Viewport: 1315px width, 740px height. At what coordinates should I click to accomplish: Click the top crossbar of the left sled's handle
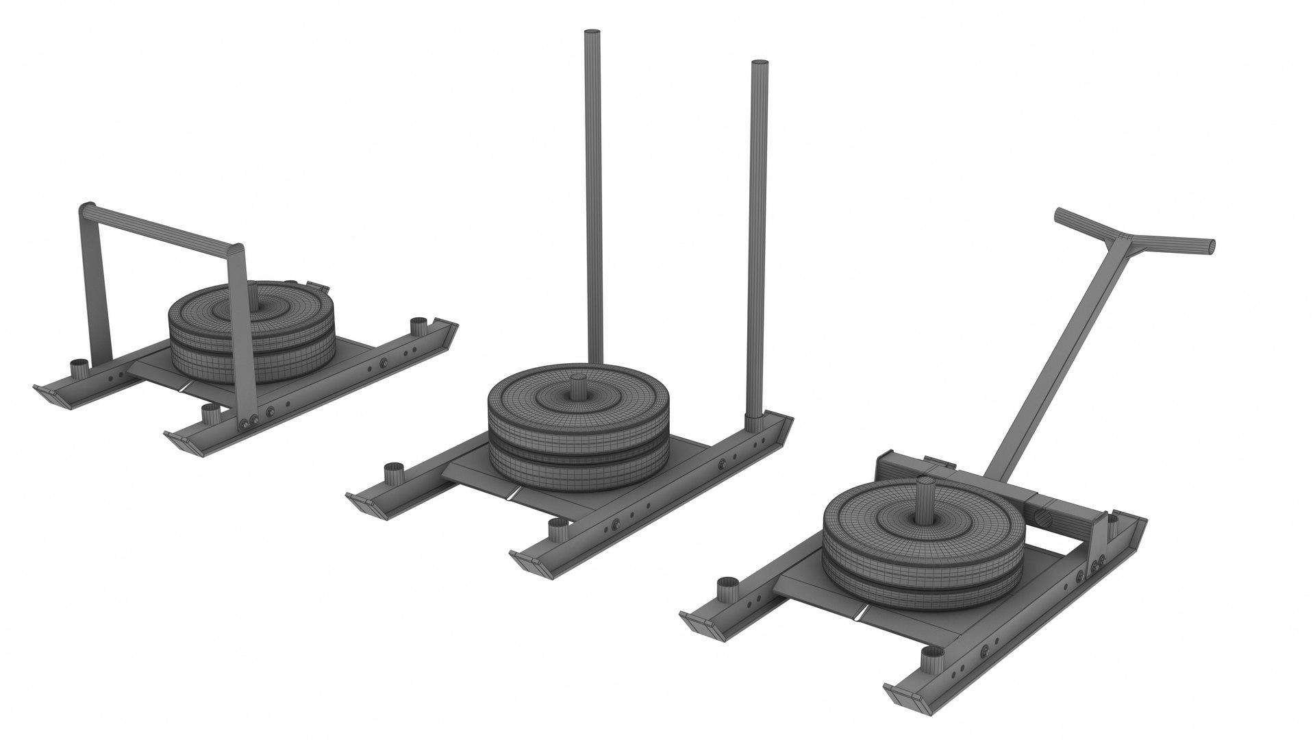161,226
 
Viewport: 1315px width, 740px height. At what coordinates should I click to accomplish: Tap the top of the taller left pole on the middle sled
592,34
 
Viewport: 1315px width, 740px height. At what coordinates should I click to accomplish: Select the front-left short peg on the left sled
79,369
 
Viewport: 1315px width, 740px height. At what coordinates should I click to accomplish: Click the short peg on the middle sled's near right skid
559,531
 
